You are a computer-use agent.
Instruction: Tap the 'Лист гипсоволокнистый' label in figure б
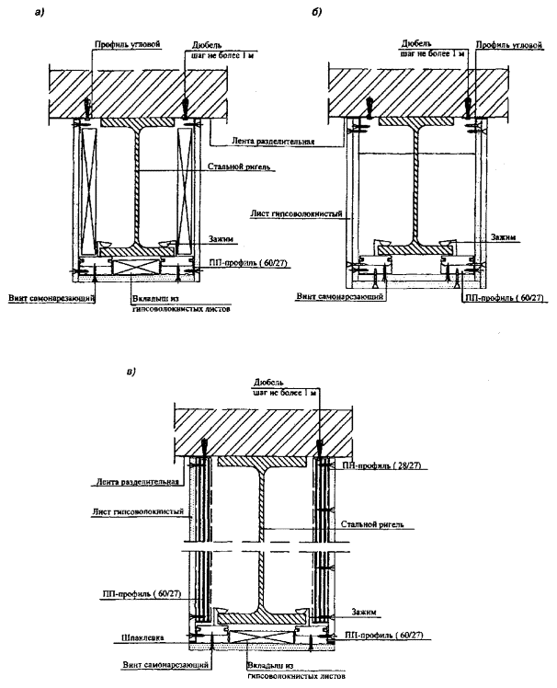pyautogui.click(x=297, y=214)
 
